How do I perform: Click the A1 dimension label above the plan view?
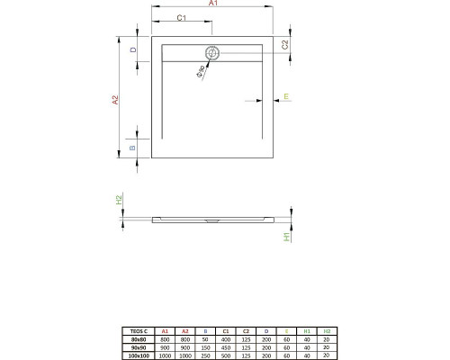[212, 5]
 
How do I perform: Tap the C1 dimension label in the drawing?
[181, 18]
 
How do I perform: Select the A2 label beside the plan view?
[115, 101]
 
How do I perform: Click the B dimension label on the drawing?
[133, 148]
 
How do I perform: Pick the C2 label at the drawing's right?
[285, 44]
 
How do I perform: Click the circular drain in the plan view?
[212, 53]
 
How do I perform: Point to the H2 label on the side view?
[118, 200]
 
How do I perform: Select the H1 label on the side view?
[287, 237]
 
